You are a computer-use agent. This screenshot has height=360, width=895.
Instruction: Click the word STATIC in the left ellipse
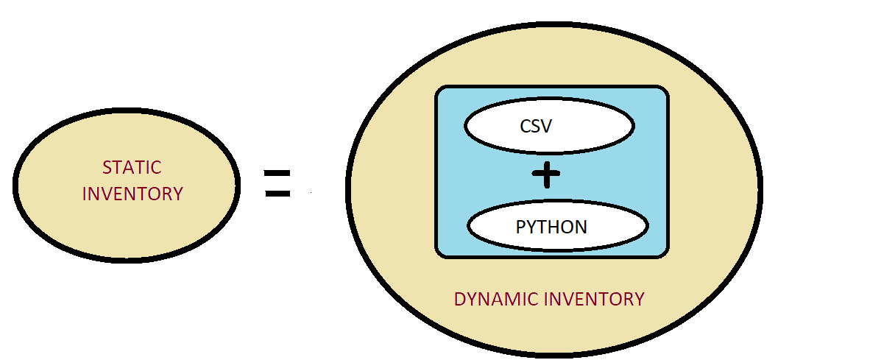(132, 167)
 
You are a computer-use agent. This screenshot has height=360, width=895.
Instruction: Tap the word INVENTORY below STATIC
(132, 194)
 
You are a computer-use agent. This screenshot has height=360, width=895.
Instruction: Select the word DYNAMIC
(495, 300)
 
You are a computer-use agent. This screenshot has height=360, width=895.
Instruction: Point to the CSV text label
(536, 127)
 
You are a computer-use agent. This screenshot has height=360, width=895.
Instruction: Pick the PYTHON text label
(551, 227)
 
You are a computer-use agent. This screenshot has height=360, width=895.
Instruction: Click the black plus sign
(546, 174)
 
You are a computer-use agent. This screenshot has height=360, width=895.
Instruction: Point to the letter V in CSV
(546, 127)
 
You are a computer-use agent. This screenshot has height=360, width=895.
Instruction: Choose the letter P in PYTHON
(520, 227)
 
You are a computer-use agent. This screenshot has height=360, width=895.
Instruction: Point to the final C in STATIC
(156, 167)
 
